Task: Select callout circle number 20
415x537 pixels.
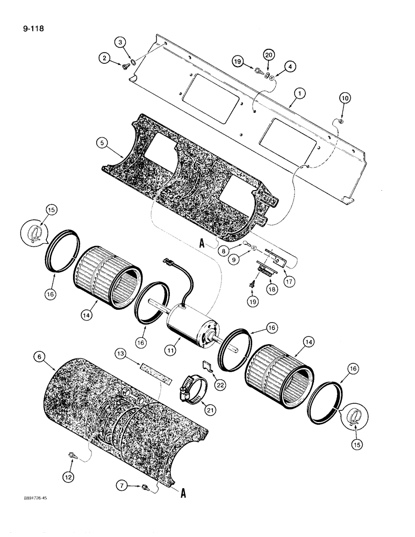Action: pos(268,54)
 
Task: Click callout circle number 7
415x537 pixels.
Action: pos(121,487)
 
